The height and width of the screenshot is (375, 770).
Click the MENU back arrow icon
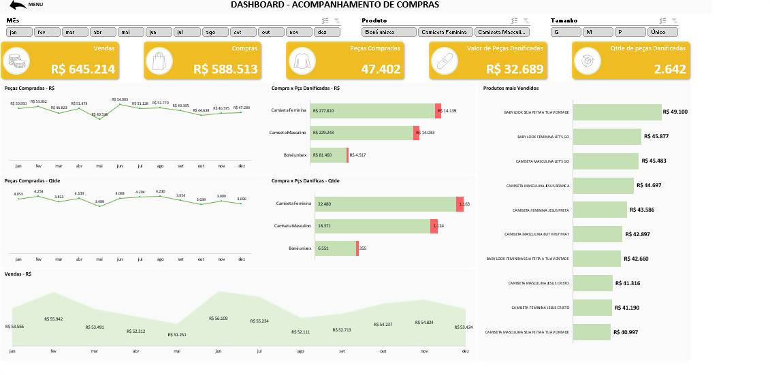tap(18, 5)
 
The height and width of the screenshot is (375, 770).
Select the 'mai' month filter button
tap(131, 32)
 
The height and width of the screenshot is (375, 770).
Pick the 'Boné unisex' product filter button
tap(389, 32)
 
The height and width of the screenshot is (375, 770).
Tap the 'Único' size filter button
tap(663, 32)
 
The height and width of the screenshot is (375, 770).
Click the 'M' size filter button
tap(598, 32)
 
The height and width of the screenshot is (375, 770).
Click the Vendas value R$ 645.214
tap(83, 69)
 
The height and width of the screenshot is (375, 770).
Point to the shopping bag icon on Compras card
tap(159, 61)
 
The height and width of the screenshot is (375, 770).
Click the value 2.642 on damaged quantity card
tap(670, 69)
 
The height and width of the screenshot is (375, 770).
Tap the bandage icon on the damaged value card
tap(444, 61)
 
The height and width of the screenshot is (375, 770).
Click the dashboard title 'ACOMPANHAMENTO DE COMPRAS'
tap(334, 5)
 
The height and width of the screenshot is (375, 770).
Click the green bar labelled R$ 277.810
tap(372, 110)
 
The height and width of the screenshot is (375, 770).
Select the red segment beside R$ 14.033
tap(416, 133)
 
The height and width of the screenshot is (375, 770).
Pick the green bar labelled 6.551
tap(334, 248)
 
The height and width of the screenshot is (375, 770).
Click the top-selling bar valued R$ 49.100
tap(617, 112)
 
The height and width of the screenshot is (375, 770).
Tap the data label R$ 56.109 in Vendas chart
tap(218, 319)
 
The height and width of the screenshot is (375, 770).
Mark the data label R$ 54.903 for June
tap(120, 99)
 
